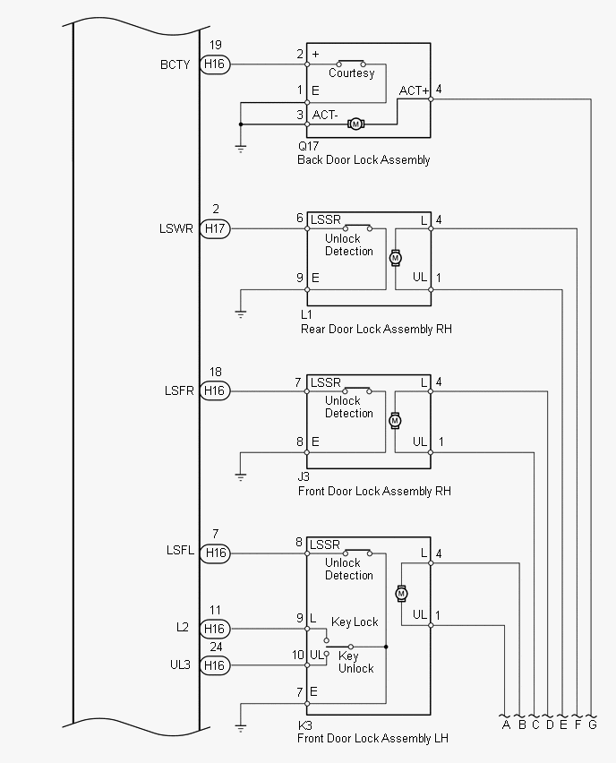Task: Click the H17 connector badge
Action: coord(216,229)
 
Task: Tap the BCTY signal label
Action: coord(175,64)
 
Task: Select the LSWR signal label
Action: coord(175,229)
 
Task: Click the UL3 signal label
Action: coord(178,665)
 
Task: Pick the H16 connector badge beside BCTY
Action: coord(216,64)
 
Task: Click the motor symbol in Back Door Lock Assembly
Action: coord(355,124)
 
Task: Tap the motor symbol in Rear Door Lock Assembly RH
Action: coord(395,258)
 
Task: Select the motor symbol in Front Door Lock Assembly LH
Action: coord(401,593)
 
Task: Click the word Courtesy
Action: coord(351,73)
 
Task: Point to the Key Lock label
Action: coord(355,622)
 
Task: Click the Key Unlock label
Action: coord(355,663)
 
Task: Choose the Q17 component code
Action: coord(310,145)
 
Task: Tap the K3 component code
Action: coord(305,725)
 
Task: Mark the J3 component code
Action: coord(304,477)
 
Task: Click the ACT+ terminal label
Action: coord(415,90)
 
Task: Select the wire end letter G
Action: coord(592,724)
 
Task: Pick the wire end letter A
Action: coord(506,724)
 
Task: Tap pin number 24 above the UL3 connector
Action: coord(216,647)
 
